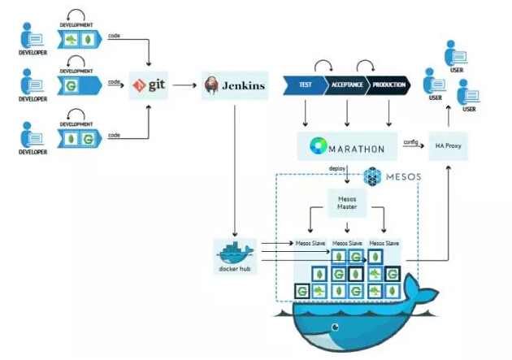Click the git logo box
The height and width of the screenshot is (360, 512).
pyautogui.click(x=150, y=85)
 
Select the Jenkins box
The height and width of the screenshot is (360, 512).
pyautogui.click(x=234, y=85)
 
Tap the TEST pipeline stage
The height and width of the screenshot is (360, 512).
pyautogui.click(x=304, y=85)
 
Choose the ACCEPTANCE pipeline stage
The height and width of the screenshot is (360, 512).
pyautogui.click(x=347, y=85)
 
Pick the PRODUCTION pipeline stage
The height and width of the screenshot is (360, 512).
pyautogui.click(x=389, y=85)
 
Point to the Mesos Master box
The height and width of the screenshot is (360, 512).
pyautogui.click(x=348, y=201)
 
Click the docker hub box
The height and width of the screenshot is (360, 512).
pyautogui.click(x=235, y=255)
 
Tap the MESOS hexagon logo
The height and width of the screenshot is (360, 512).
pyautogui.click(x=373, y=176)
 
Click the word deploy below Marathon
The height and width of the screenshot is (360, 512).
pyautogui.click(x=338, y=168)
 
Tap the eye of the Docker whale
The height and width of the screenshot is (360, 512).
pyautogui.click(x=334, y=328)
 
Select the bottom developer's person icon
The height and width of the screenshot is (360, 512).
pyautogui.click(x=32, y=135)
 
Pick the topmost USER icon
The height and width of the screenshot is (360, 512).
pyautogui.click(x=454, y=54)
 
